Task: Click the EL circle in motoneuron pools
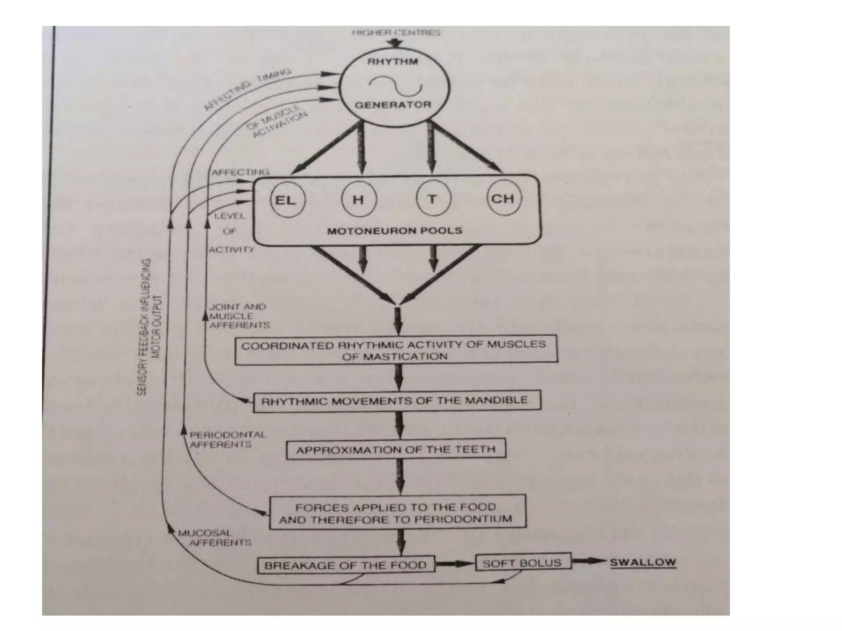[287, 200]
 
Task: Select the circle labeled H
[359, 200]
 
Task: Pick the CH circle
[503, 198]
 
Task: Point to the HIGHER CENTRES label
[396, 32]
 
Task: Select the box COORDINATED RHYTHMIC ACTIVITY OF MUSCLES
[396, 350]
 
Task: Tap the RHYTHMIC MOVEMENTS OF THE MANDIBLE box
[396, 401]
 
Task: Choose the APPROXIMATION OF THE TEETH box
[396, 450]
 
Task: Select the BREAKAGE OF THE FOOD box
[346, 565]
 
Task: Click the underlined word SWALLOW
[642, 562]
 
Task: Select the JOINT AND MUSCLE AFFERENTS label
[239, 316]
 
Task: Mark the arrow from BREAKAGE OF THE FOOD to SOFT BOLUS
[455, 564]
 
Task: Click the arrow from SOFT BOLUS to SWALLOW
[589, 561]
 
